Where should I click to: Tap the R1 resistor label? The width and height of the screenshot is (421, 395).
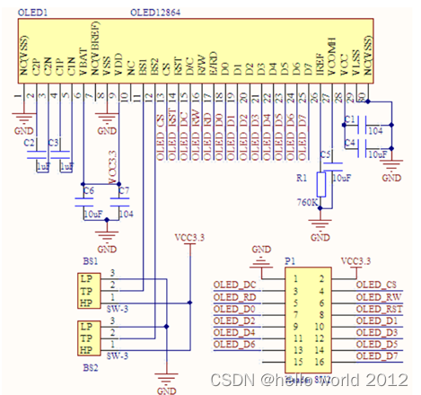click(x=303, y=179)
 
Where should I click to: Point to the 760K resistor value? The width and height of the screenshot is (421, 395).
click(x=305, y=203)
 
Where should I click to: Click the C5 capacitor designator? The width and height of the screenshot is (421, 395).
click(x=325, y=155)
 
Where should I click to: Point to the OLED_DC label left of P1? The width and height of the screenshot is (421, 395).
click(x=234, y=285)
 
